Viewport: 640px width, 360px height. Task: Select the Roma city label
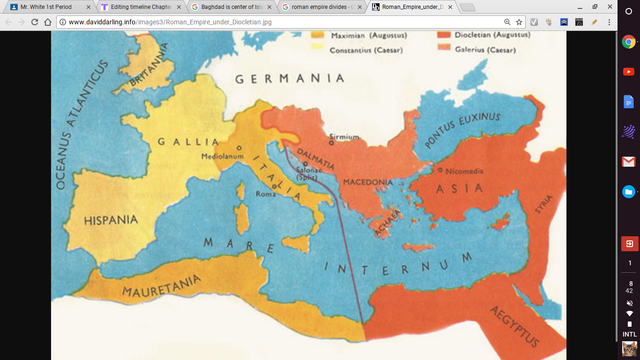264,194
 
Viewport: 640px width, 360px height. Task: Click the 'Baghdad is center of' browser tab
233,6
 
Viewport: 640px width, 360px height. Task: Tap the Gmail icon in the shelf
629,161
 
